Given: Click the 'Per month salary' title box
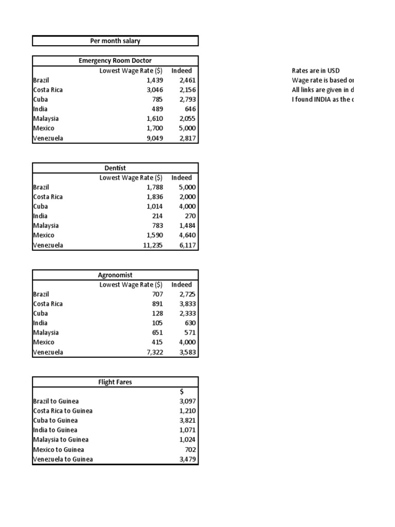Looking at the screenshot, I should click(x=115, y=41).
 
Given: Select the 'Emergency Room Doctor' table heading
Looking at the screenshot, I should click(x=115, y=61).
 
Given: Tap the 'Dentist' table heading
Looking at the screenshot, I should click(x=115, y=168).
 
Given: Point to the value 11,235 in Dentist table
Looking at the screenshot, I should click(x=152, y=245).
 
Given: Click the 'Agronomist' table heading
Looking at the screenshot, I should click(x=115, y=275).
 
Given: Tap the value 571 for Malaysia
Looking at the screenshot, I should click(x=189, y=332).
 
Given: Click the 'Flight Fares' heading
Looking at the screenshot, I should click(x=115, y=382).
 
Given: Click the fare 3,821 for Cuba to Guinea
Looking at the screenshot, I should click(x=187, y=420).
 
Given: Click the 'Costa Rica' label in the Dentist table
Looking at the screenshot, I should click(x=48, y=197).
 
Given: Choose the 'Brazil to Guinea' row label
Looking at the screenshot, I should click(x=56, y=401).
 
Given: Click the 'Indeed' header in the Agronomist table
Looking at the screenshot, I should click(x=182, y=285).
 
